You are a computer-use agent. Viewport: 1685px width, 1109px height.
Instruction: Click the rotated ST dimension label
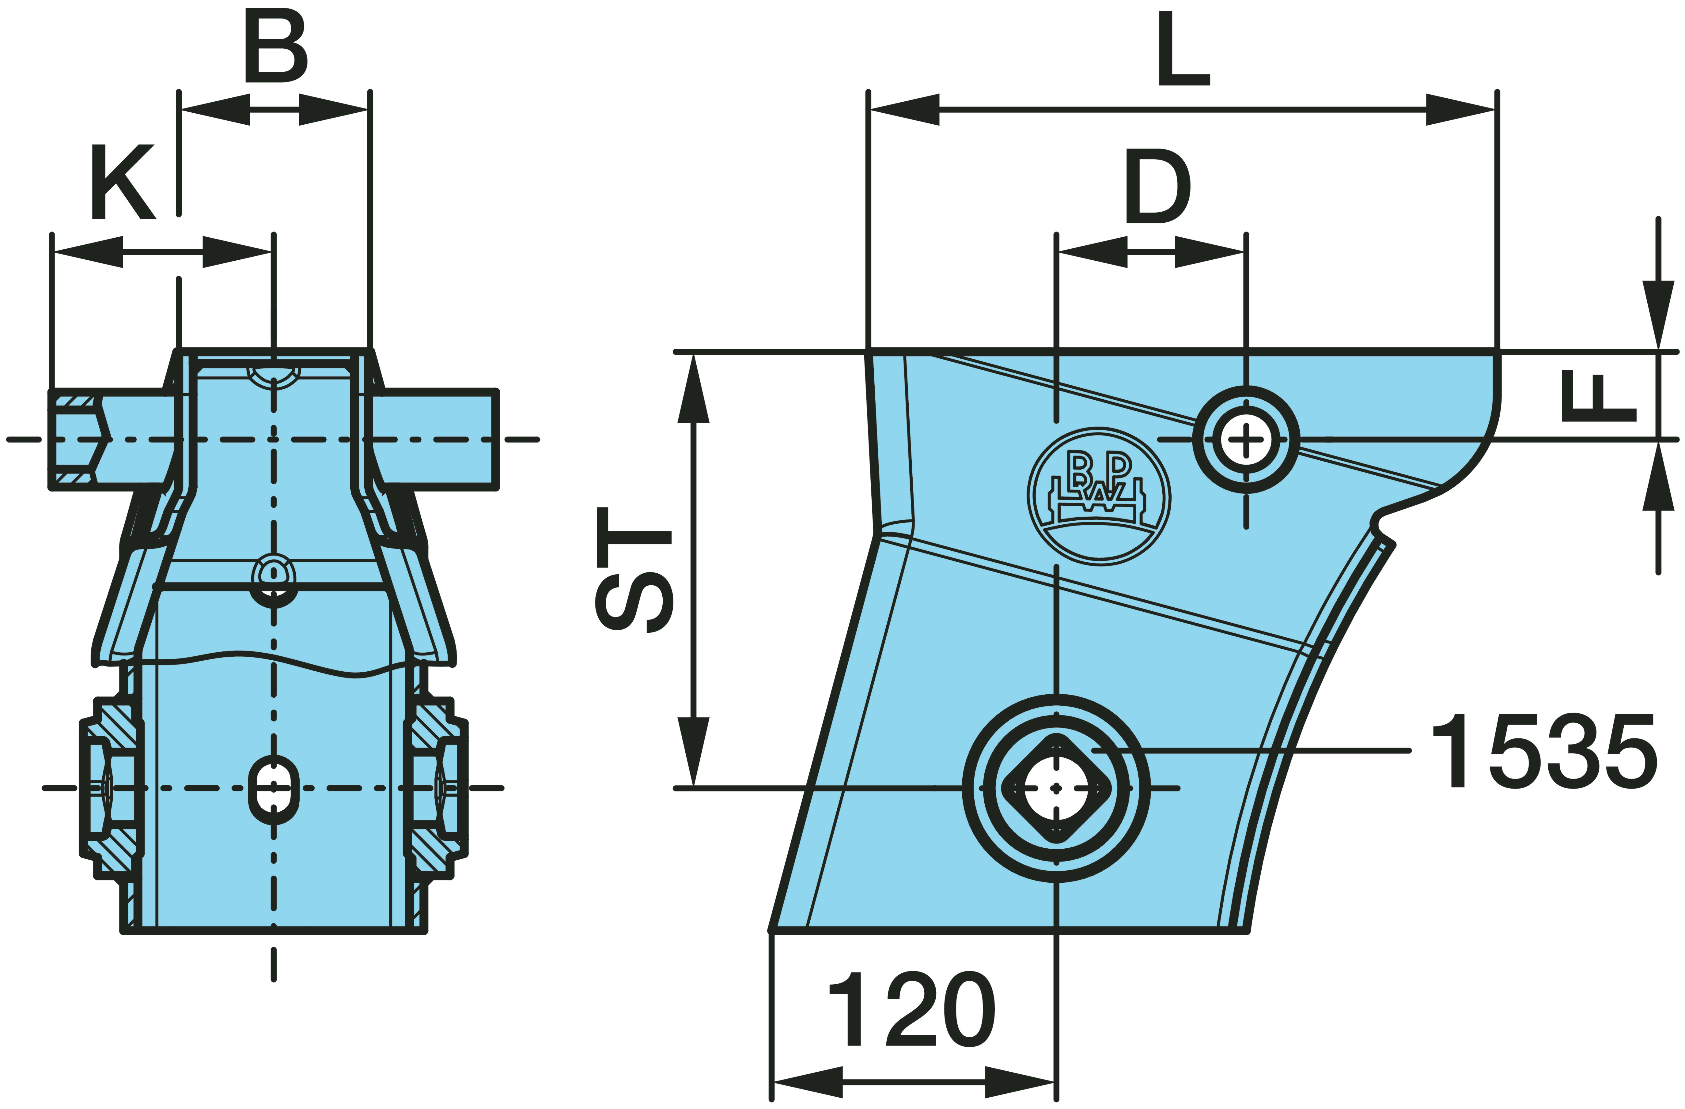pyautogui.click(x=634, y=570)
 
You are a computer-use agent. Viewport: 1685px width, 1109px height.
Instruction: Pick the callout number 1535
pyautogui.click(x=1543, y=751)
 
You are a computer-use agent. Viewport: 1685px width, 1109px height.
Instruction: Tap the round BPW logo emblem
pyautogui.click(x=1099, y=496)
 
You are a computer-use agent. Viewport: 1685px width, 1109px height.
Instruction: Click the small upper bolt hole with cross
pyautogui.click(x=1246, y=439)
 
